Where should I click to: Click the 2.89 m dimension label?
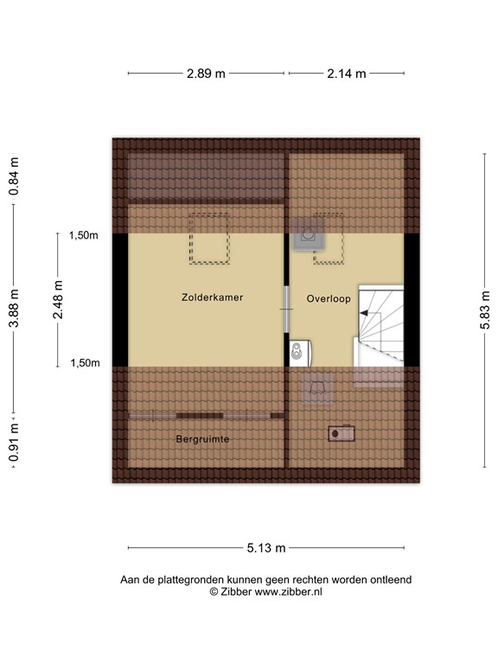click(x=206, y=73)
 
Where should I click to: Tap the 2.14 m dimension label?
click(x=347, y=73)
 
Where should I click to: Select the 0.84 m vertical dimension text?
click(x=14, y=177)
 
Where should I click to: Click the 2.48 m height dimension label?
click(x=58, y=300)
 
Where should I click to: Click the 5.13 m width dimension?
click(x=266, y=547)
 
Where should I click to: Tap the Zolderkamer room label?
click(x=212, y=297)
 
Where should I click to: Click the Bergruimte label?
click(x=202, y=439)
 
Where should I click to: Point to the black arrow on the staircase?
click(x=366, y=317)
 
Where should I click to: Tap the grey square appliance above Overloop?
click(x=308, y=234)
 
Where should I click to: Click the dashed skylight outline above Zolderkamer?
click(x=209, y=239)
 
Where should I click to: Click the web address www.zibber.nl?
click(x=288, y=592)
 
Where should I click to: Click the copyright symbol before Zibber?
click(x=214, y=592)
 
